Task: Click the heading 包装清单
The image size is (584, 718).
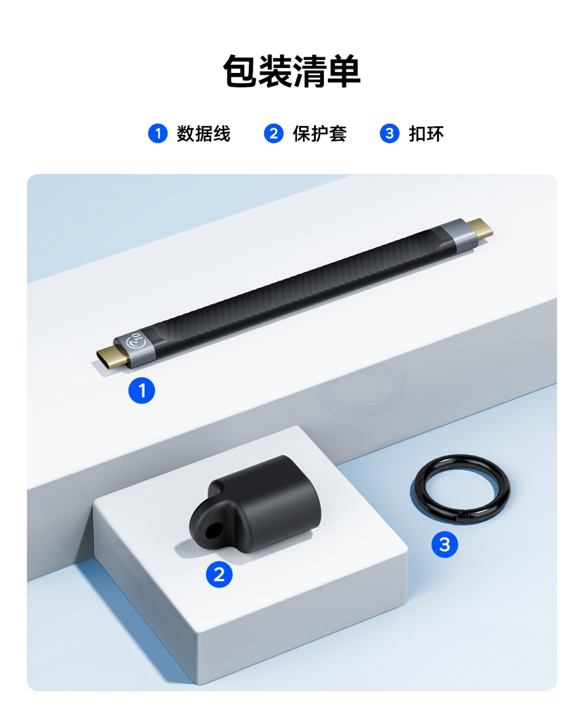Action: pos(292,71)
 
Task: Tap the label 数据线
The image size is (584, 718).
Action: pos(203,133)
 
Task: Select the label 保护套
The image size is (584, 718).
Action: pos(319,133)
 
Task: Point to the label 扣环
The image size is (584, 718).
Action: pos(426,133)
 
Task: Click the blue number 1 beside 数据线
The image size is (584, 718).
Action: pos(158,133)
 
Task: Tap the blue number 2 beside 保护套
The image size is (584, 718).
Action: pos(274,133)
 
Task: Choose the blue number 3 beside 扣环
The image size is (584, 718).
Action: pos(389,133)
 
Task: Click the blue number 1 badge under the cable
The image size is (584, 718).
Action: pos(142,390)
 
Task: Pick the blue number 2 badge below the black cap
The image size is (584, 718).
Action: pos(219,574)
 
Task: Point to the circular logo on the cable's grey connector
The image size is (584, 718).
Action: pos(136,341)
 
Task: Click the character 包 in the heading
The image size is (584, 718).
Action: pos(240,71)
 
